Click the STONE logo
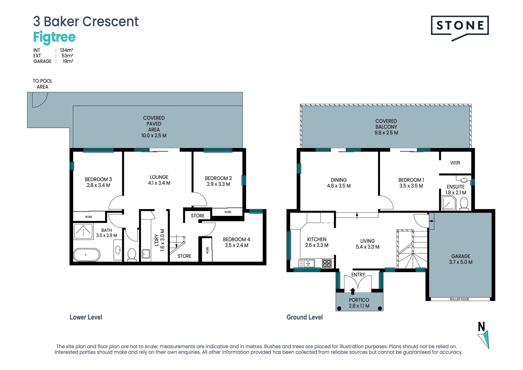pyautogui.click(x=460, y=28)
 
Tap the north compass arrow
pyautogui.click(x=484, y=339)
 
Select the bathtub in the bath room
pyautogui.click(x=87, y=255)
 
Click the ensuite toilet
pyautogui.click(x=464, y=204)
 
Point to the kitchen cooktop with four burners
pyautogui.click(x=327, y=263)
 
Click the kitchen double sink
pyautogui.click(x=307, y=263)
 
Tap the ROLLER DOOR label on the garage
pyautogui.click(x=459, y=299)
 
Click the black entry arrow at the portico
pyautogui.click(x=352, y=291)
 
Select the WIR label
pyautogui.click(x=455, y=163)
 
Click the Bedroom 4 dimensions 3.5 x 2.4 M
pyautogui.click(x=236, y=245)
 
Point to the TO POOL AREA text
pyautogui.click(x=42, y=84)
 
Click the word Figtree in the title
pyautogui.click(x=54, y=37)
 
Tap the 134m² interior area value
pyautogui.click(x=66, y=50)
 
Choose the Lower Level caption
pyautogui.click(x=86, y=317)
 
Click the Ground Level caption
pyautogui.click(x=305, y=317)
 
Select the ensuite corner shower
pyautogui.click(x=448, y=203)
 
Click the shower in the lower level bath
pyautogui.click(x=83, y=231)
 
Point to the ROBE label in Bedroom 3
pyautogui.click(x=89, y=217)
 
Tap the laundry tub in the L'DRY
pyautogui.click(x=146, y=254)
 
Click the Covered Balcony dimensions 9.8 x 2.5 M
pyautogui.click(x=386, y=133)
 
